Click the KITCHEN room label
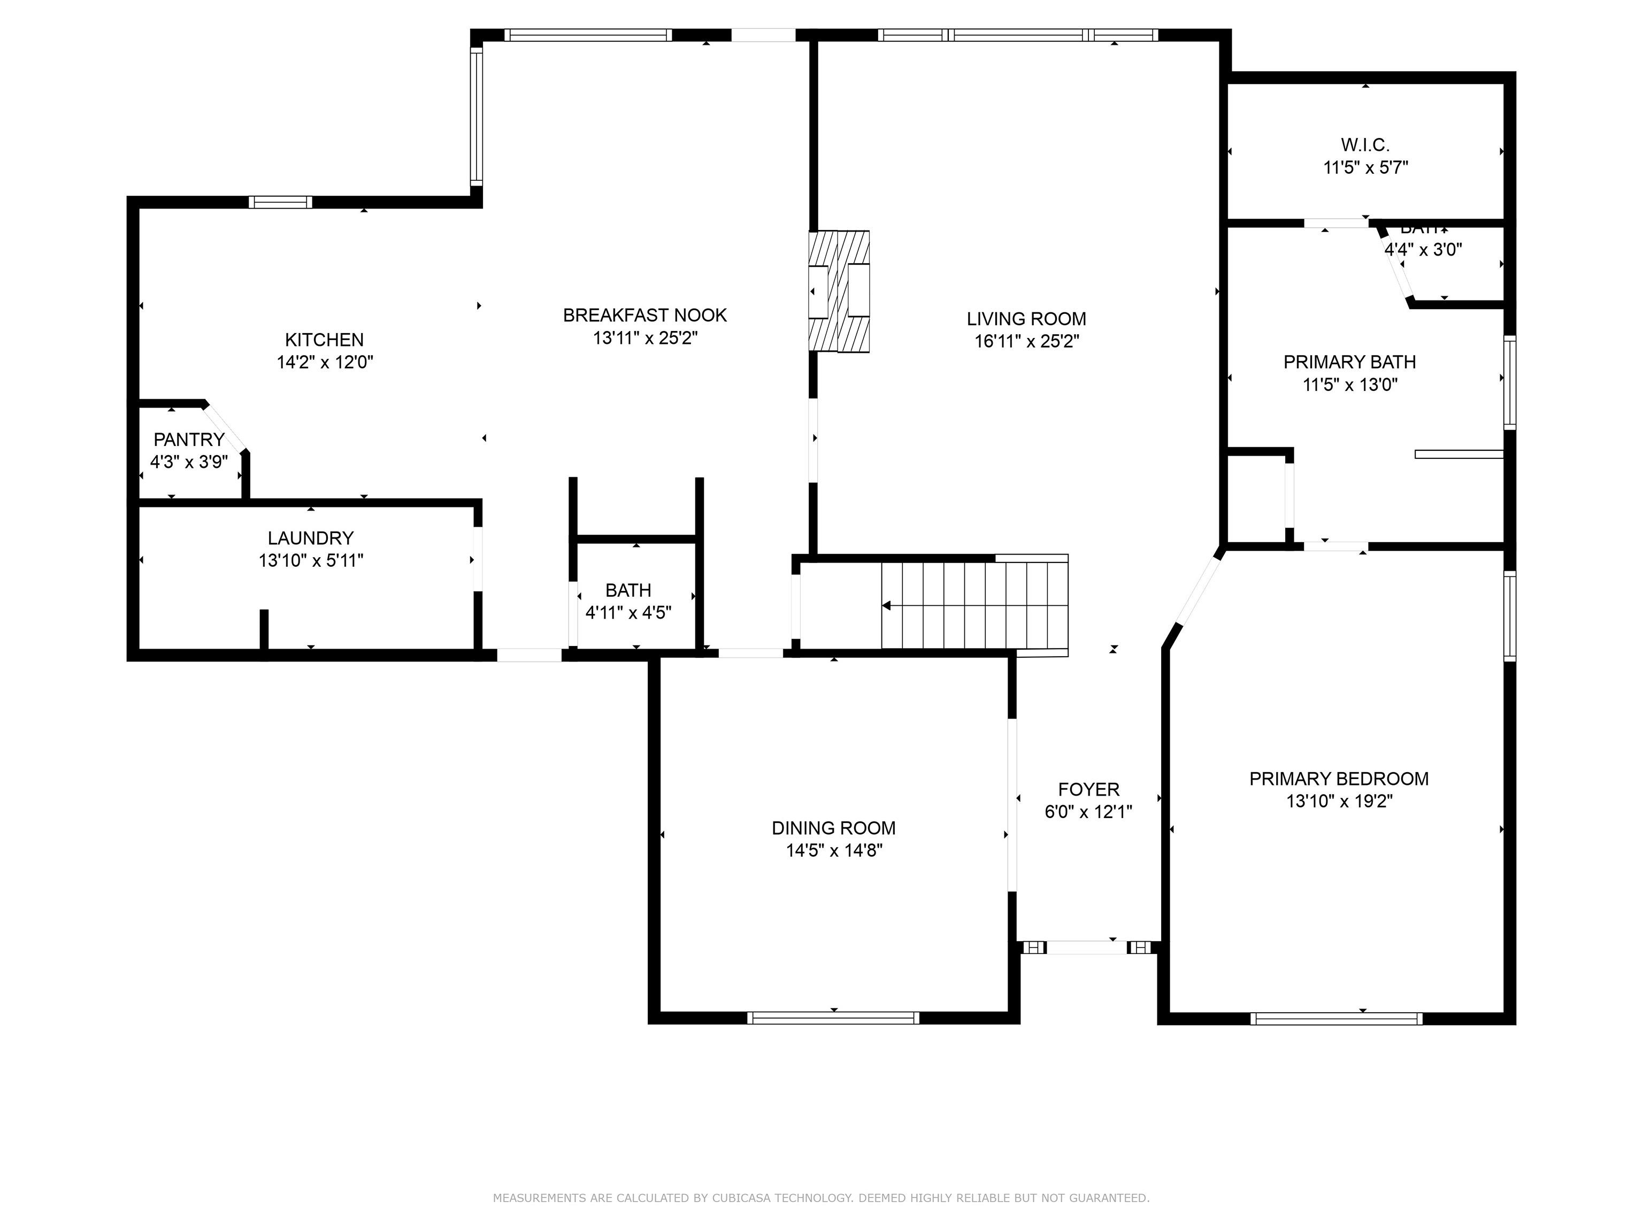point(324,340)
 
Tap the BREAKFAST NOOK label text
point(644,315)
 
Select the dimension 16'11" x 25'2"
point(1026,342)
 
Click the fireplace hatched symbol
point(839,291)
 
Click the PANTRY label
point(189,440)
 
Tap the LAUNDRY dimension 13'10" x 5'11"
point(311,561)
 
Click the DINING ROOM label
point(833,828)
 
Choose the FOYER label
point(1088,789)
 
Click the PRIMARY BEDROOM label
point(1339,779)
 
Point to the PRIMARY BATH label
point(1349,363)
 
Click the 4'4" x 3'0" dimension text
point(1423,250)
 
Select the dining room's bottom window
point(833,1018)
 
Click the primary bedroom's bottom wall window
point(1335,1019)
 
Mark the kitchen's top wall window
point(280,202)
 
